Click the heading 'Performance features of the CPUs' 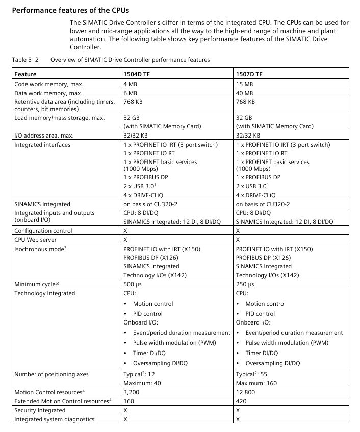pos(68,10)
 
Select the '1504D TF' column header pos(137,74)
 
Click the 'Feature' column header pos(25,74)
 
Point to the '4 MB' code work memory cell pos(130,84)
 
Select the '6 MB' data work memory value pos(130,93)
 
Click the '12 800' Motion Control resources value pos(246,392)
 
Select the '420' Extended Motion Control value pos(241,401)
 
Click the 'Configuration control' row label pos(43,230)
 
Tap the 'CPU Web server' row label pos(36,239)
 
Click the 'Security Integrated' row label pos(40,410)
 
